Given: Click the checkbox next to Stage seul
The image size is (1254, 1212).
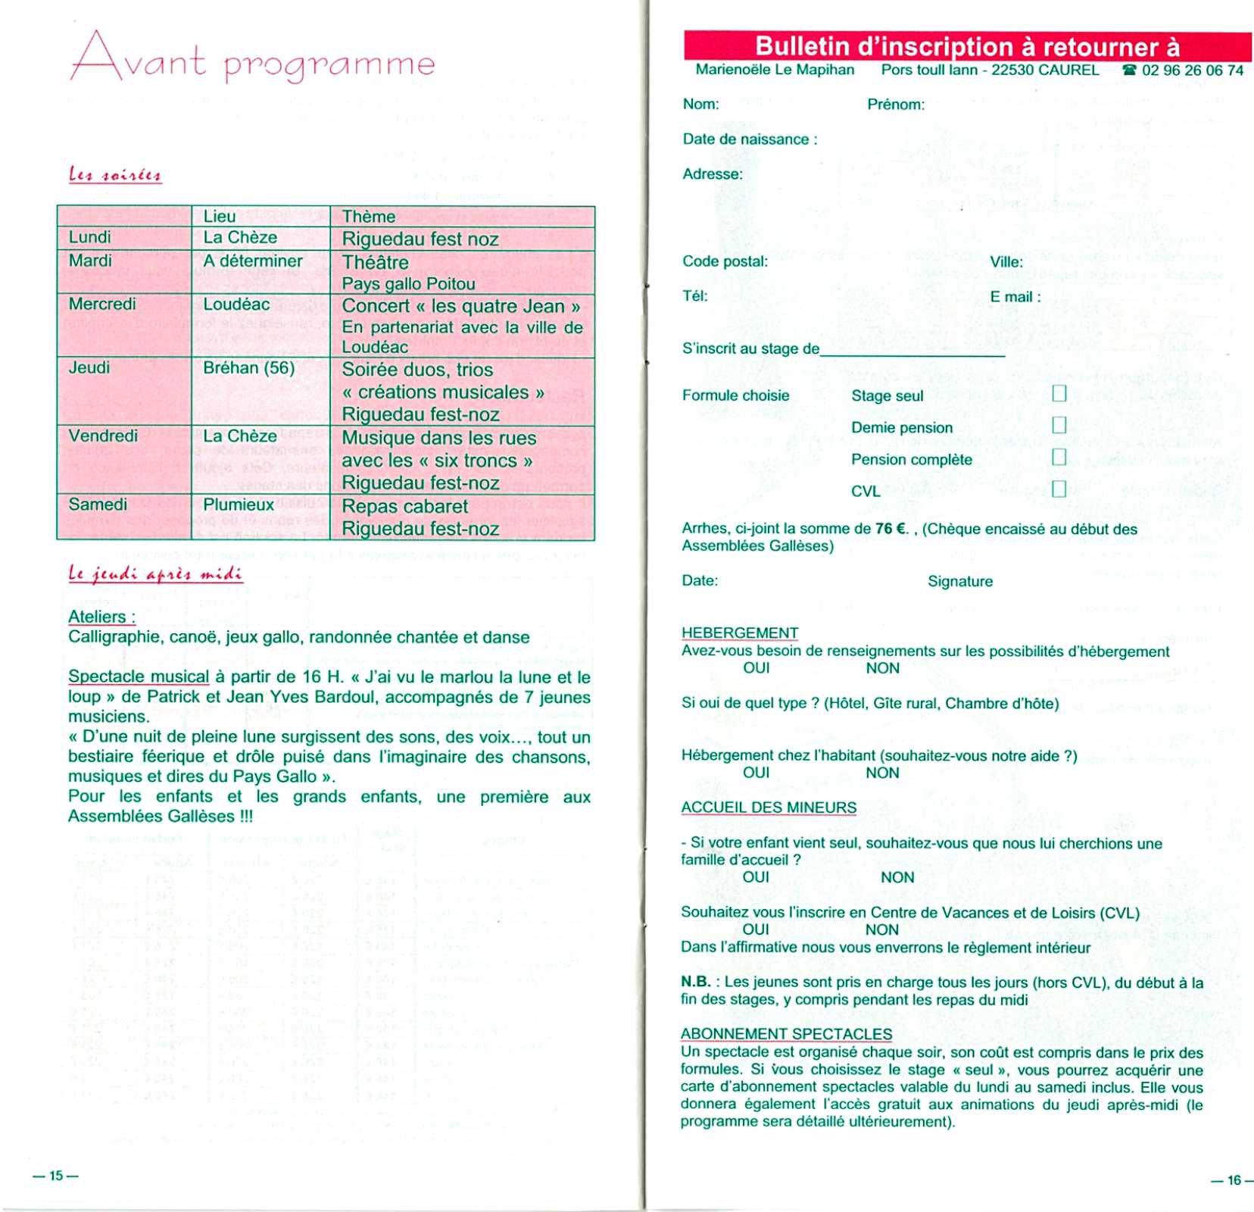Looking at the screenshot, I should pyautogui.click(x=1059, y=393).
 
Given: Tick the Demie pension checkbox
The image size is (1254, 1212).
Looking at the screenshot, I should pyautogui.click(x=1059, y=425).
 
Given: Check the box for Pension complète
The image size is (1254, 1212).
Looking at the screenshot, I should pyautogui.click(x=1059, y=457).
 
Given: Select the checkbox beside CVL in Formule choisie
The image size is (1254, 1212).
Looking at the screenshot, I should pyautogui.click(x=1059, y=489).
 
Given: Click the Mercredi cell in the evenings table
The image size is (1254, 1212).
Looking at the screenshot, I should pyautogui.click(x=102, y=305).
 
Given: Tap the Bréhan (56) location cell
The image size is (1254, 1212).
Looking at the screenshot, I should pyautogui.click(x=248, y=368).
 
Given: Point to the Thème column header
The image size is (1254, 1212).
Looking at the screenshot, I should pyautogui.click(x=369, y=217).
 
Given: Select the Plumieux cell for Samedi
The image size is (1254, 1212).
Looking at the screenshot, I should pyautogui.click(x=239, y=504).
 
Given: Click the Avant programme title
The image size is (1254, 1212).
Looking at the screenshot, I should pyautogui.click(x=253, y=58).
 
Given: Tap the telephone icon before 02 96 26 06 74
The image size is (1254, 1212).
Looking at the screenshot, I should pyautogui.click(x=1129, y=70).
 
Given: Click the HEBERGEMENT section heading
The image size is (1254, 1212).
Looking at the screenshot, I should pyautogui.click(x=739, y=633).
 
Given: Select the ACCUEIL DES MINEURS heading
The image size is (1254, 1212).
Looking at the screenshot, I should pyautogui.click(x=768, y=807).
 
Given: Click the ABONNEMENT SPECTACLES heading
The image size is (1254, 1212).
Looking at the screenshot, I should pyautogui.click(x=785, y=1034).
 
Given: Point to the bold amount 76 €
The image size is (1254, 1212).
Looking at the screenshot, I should pyautogui.click(x=891, y=529).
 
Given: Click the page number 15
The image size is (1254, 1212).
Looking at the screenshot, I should pyautogui.click(x=56, y=1176).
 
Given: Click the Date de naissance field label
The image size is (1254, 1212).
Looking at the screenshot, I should pyautogui.click(x=749, y=139).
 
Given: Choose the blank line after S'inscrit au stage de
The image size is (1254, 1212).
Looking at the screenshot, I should pyautogui.click(x=912, y=351).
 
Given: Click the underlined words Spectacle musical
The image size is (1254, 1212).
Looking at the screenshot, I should pyautogui.click(x=139, y=676).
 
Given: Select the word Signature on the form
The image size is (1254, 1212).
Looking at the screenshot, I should pyautogui.click(x=959, y=582).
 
